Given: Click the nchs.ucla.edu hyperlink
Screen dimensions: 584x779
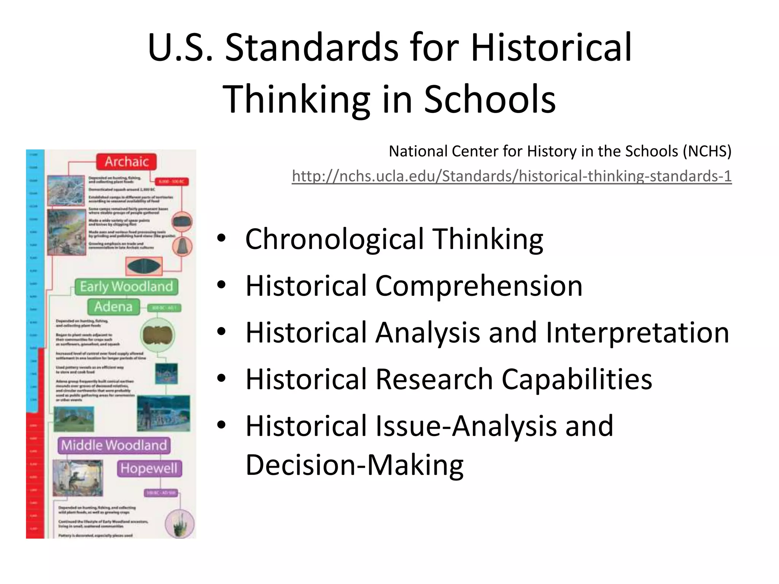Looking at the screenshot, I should (512, 176).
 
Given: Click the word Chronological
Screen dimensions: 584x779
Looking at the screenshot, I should (334, 239).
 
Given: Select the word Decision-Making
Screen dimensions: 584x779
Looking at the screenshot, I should (355, 465).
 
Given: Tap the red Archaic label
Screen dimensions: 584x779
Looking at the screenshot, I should (126, 162).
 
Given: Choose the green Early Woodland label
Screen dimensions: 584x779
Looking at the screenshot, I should (126, 286).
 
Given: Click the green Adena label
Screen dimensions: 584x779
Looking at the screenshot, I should (113, 306).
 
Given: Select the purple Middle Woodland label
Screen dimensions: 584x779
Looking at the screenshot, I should (114, 445).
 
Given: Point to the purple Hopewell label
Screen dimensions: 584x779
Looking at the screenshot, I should (149, 468).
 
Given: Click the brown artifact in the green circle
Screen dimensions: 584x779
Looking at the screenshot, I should (157, 335).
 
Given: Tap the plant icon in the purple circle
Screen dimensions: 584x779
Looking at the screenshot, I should (180, 524).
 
